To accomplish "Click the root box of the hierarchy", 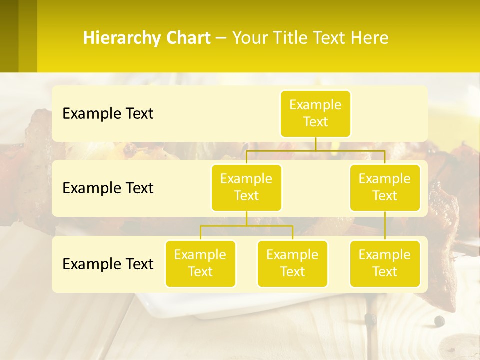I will (x=315, y=113).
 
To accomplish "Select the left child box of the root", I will (x=246, y=187).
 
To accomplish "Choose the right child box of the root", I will (x=385, y=187).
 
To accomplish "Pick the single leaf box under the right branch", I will (x=385, y=263).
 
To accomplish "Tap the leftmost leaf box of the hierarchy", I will (x=200, y=263).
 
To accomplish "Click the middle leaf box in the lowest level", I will (x=292, y=263).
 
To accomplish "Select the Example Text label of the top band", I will (x=108, y=113).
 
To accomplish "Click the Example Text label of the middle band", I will (x=108, y=188).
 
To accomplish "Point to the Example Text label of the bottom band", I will (x=108, y=264).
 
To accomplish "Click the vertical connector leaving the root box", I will (x=315, y=143).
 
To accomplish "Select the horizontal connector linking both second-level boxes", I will (x=315, y=150).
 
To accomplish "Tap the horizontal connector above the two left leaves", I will (x=246, y=226).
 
